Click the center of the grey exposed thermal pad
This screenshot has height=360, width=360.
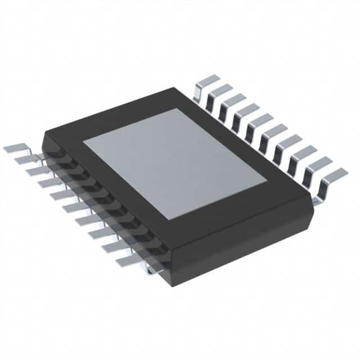175,164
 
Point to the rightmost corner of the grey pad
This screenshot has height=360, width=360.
267,182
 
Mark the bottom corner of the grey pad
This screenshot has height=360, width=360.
182,219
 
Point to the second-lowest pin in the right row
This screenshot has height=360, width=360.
318,163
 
